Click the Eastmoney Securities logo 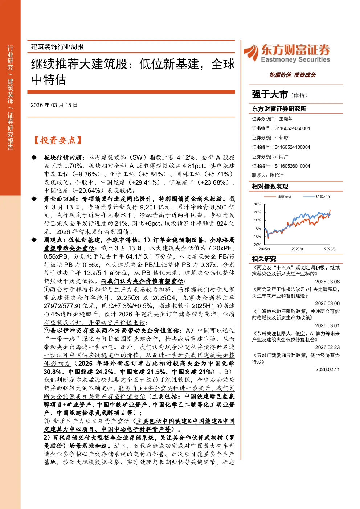287,53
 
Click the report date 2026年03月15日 54,105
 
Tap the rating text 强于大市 270,95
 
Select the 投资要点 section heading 58,140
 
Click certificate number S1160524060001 292,128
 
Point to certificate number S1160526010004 292,166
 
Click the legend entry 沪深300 323,197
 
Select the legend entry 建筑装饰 284,197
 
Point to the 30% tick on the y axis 258,204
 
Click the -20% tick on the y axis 257,245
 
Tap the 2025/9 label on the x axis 297,249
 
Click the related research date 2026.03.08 327,282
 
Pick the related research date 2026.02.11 327,369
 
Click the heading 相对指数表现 270,186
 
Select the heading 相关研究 264,259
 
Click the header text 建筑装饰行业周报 57,47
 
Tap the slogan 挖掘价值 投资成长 292,75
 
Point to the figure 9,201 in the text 147,207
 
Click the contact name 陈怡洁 277,176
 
